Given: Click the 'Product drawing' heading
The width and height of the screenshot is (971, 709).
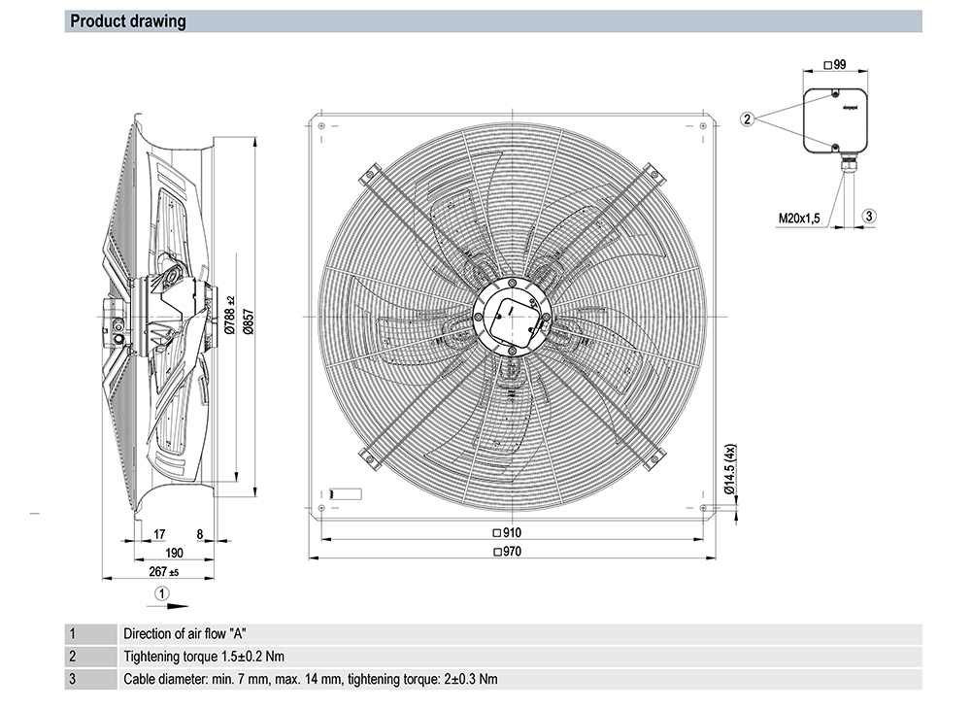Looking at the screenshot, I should (128, 21).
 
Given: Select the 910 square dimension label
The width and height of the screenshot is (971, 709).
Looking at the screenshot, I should (508, 532).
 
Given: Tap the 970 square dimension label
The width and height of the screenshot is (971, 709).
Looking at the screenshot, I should (508, 552).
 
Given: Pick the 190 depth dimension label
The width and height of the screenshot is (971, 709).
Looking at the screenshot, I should (174, 552).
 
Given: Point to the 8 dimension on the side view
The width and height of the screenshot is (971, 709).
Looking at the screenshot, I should (199, 533).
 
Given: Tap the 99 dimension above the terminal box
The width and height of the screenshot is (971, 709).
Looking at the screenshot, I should (835, 65).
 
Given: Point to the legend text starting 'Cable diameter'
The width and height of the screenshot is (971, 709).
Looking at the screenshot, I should (311, 679).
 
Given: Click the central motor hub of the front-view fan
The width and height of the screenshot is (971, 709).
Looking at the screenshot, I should (511, 318).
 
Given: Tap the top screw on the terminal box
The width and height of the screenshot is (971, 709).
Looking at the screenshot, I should (835, 94).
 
